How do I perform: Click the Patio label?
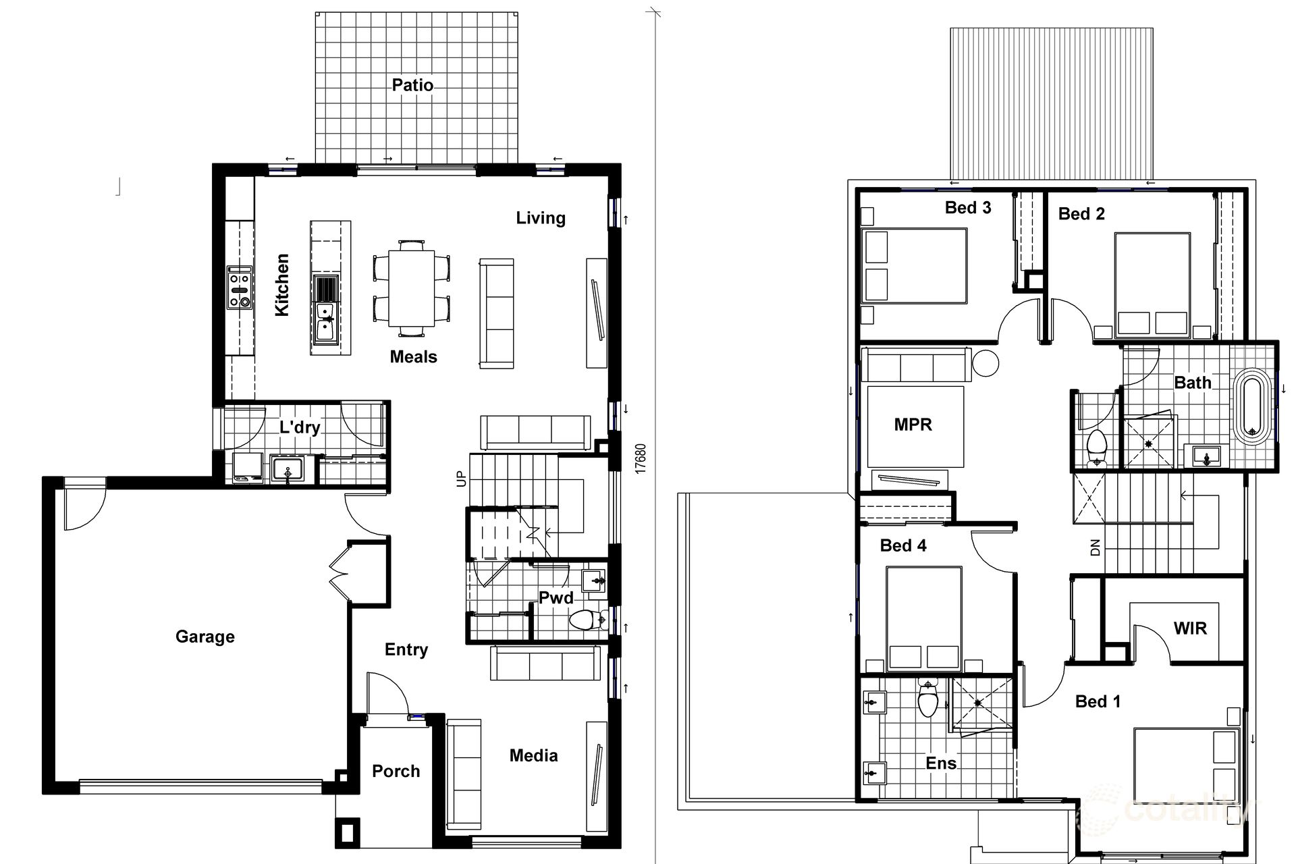(412, 85)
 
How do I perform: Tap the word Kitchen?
(282, 284)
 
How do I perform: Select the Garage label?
(205, 637)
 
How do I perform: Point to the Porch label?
(396, 771)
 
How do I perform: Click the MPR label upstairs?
(913, 425)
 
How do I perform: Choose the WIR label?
(1190, 628)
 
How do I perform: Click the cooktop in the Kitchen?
(240, 288)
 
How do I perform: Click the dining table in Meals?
(412, 288)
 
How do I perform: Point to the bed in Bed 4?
(923, 619)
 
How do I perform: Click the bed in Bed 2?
(1152, 285)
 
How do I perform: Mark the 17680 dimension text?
(641, 458)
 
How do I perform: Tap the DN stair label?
(1095, 547)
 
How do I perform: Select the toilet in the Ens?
(928, 700)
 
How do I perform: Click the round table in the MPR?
(986, 363)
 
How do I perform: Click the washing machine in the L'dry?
(248, 467)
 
